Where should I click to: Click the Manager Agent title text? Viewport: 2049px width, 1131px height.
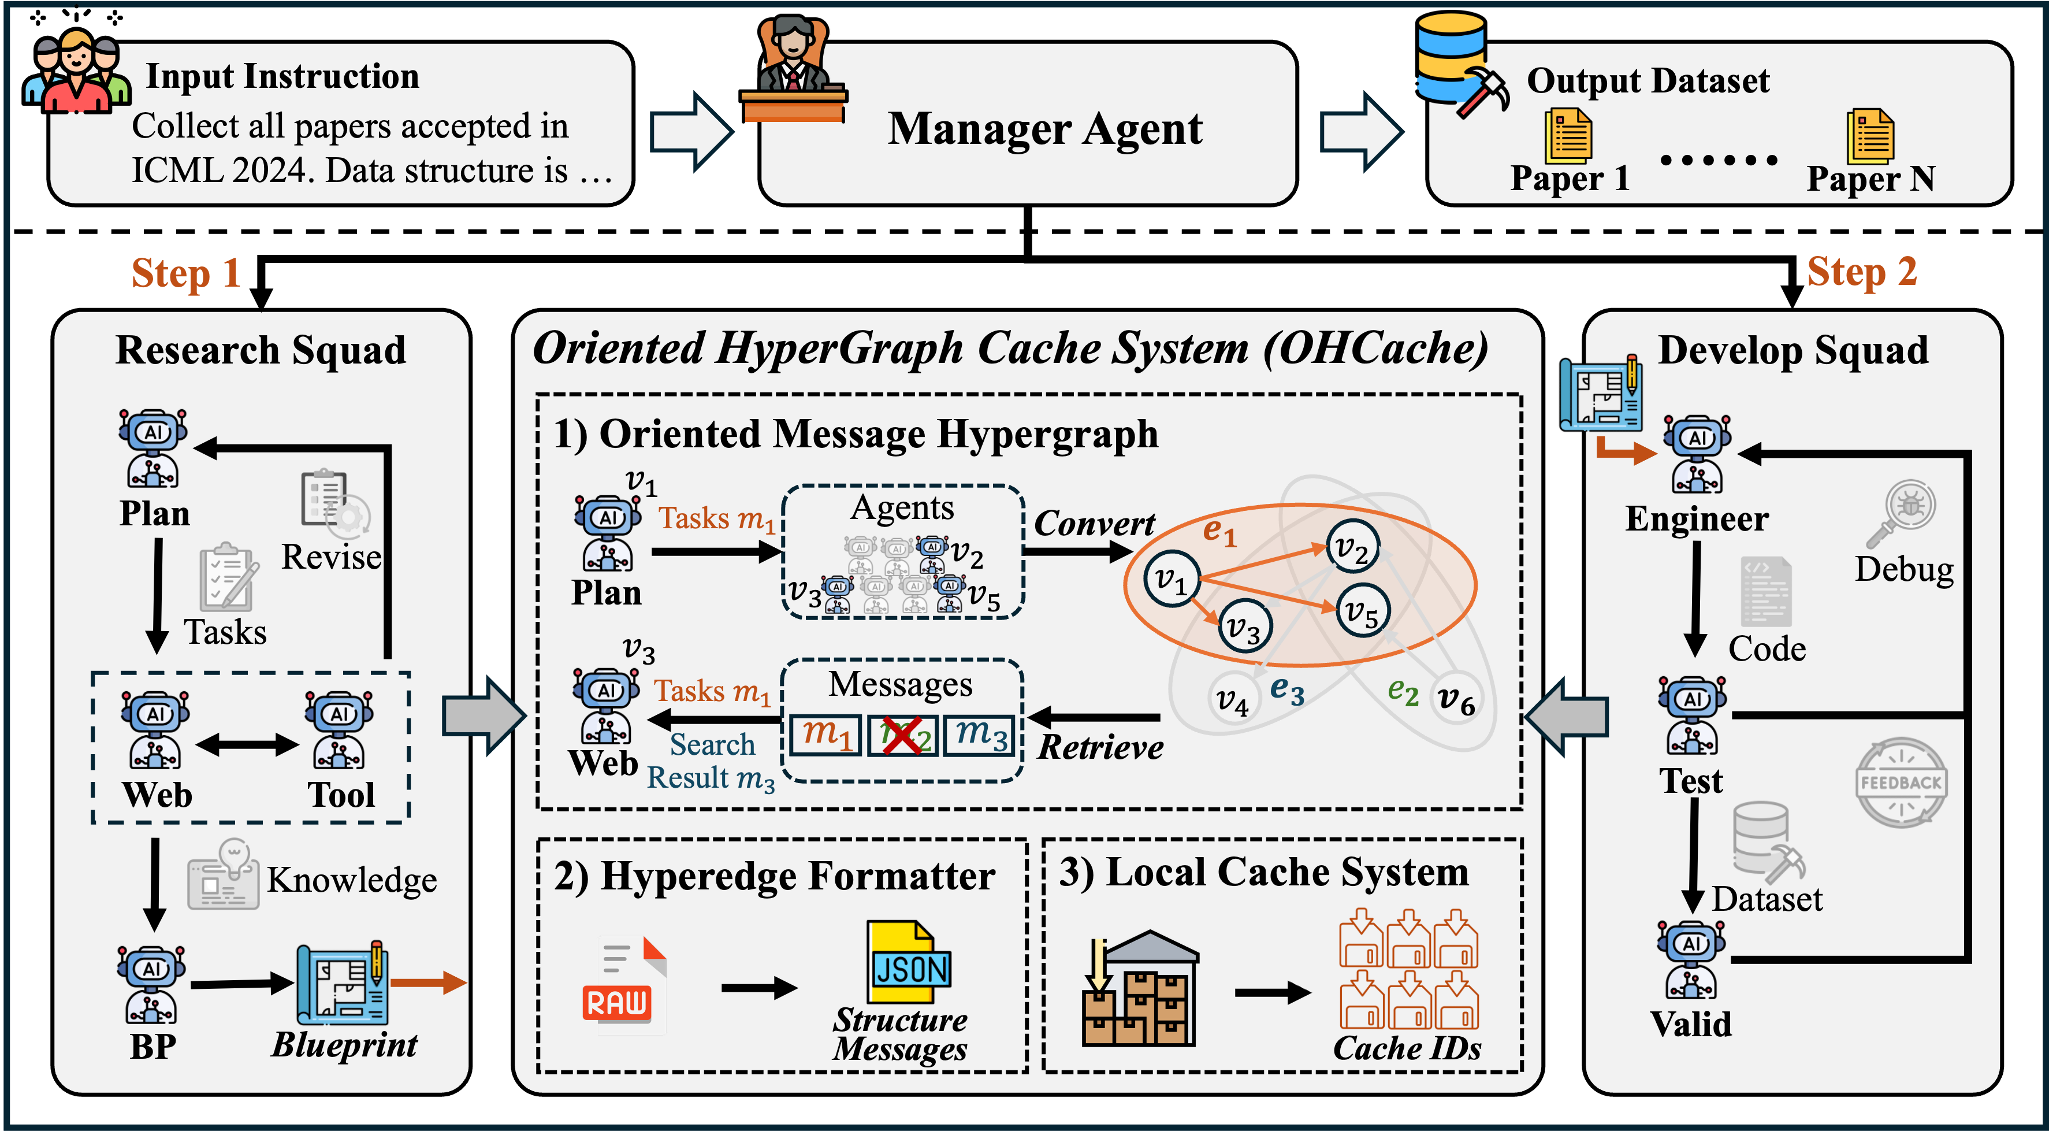1044,129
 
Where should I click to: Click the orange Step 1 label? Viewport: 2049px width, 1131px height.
185,274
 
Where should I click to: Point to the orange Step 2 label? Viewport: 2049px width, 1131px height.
1861,272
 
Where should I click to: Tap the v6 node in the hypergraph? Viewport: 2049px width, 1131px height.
1456,701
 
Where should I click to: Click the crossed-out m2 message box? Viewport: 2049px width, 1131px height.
902,735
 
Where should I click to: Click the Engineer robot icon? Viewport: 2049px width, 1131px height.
1697,454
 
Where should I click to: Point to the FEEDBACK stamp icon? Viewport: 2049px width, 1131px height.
1901,783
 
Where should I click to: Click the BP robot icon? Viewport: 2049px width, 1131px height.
151,985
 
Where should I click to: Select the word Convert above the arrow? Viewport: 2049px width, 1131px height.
1094,524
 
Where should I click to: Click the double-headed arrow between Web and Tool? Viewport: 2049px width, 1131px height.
247,745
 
